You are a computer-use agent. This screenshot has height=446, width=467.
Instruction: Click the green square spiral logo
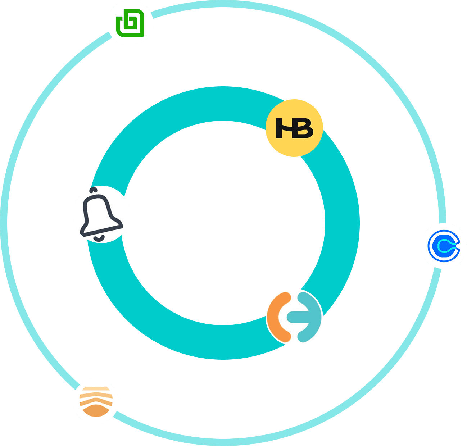(x=130, y=23)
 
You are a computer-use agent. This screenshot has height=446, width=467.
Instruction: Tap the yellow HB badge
(x=294, y=128)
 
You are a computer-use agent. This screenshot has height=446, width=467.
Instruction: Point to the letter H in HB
(x=284, y=128)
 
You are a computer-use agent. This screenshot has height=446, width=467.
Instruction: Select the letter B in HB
(x=305, y=128)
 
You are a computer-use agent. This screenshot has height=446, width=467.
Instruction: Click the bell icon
(x=101, y=214)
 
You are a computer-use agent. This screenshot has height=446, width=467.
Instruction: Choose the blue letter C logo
(x=444, y=246)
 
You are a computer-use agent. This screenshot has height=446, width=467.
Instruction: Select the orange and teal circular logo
(x=294, y=317)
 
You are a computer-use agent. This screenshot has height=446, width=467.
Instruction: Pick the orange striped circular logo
(x=96, y=401)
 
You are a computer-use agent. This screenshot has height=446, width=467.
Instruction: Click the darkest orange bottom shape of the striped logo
(x=96, y=411)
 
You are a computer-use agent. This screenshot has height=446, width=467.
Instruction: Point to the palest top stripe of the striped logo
(x=96, y=389)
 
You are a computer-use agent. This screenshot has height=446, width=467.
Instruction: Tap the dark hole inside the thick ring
(x=223, y=223)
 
